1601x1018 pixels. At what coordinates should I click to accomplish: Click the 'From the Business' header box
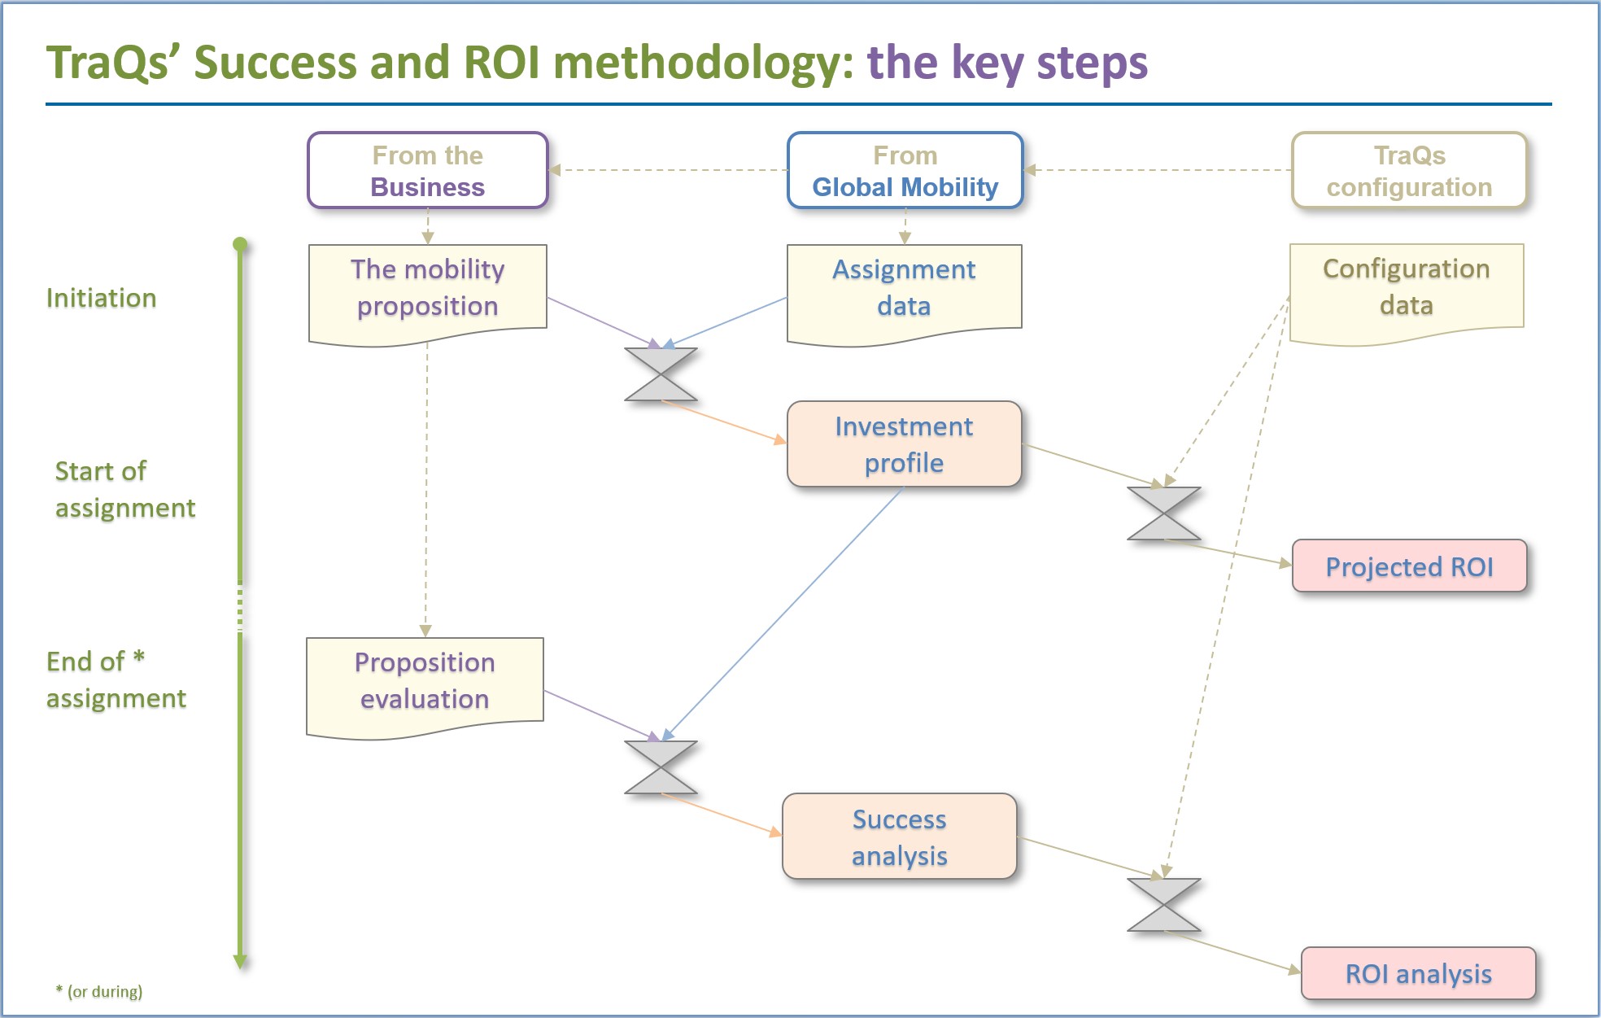428,170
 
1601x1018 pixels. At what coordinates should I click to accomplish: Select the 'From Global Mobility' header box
905,170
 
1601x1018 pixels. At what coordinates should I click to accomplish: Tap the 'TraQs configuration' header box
1409,170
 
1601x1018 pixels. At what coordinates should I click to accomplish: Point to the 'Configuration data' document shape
1407,294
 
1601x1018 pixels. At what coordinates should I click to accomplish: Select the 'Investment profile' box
904,444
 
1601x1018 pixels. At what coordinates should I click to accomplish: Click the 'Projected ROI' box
1409,566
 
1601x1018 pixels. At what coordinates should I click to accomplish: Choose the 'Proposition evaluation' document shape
425,688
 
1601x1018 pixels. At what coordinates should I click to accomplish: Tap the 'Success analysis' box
899,837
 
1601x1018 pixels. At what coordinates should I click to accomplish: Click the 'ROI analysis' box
1418,973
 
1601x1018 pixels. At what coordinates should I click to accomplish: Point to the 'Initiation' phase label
101,298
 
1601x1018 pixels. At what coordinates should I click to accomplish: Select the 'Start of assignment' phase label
124,489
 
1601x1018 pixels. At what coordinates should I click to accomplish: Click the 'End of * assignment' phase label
116,679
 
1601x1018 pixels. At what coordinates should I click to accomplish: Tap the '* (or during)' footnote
98,991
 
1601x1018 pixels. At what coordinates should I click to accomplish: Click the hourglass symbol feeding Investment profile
661,374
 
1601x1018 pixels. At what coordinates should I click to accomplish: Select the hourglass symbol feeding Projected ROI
1164,513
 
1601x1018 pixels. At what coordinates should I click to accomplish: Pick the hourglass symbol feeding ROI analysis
1164,905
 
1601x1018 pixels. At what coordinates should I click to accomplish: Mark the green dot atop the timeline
240,244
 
